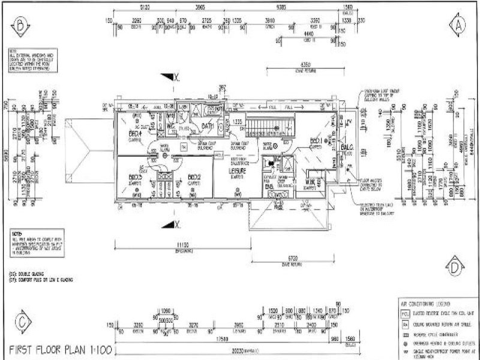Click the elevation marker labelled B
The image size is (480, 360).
click(21, 25)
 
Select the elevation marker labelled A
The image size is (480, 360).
click(459, 25)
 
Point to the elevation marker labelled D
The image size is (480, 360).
click(456, 266)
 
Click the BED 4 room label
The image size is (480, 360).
click(135, 134)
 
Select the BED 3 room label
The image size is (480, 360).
click(135, 177)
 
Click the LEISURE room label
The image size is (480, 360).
click(238, 171)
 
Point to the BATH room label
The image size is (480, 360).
click(208, 126)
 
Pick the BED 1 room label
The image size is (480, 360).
click(317, 141)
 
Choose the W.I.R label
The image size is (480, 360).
click(310, 181)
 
